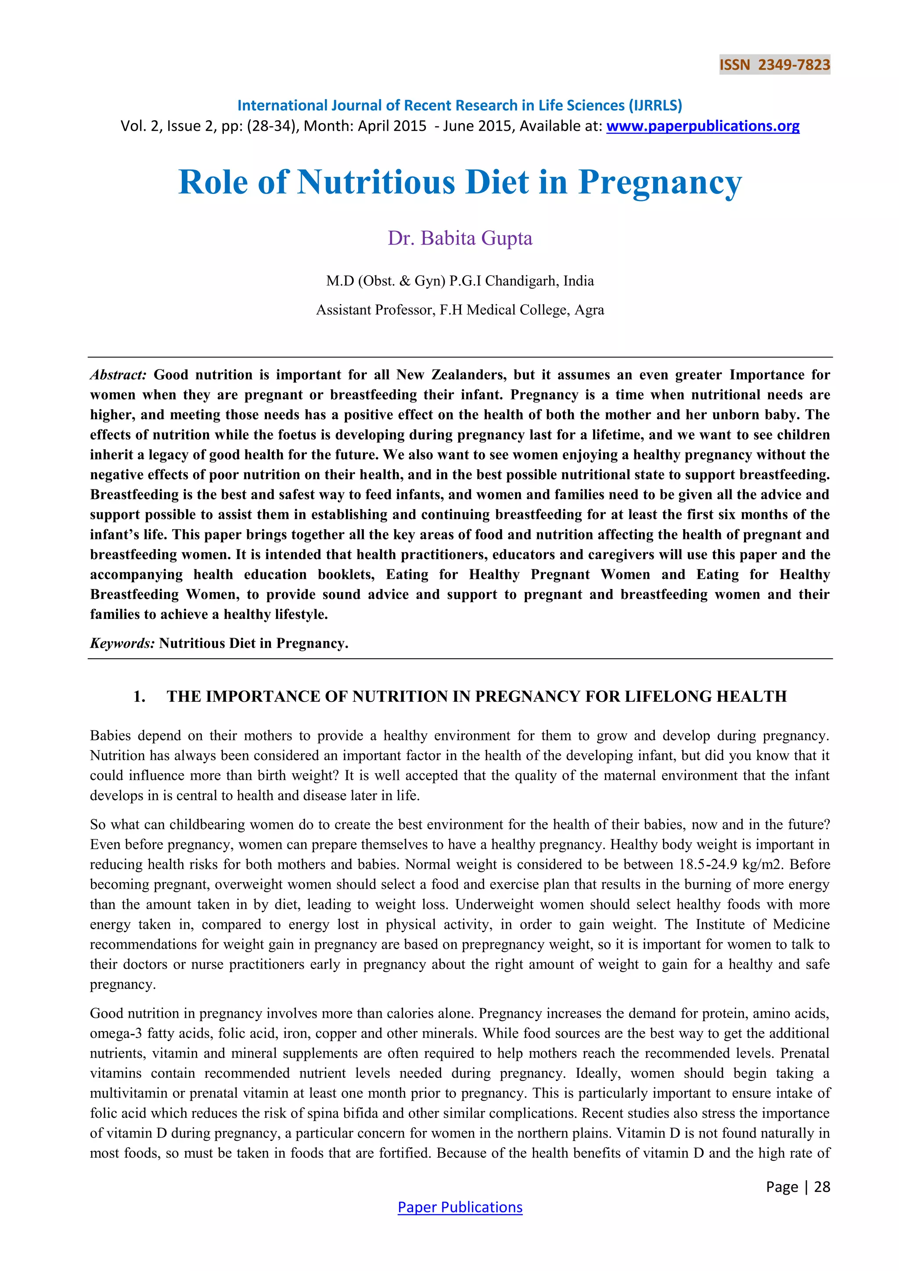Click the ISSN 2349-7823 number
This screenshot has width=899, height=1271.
click(774, 65)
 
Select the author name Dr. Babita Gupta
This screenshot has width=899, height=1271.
click(460, 238)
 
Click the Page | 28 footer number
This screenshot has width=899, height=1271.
click(798, 1186)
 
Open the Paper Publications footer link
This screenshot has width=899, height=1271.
click(460, 1207)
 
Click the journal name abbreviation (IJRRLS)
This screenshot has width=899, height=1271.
click(655, 106)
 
